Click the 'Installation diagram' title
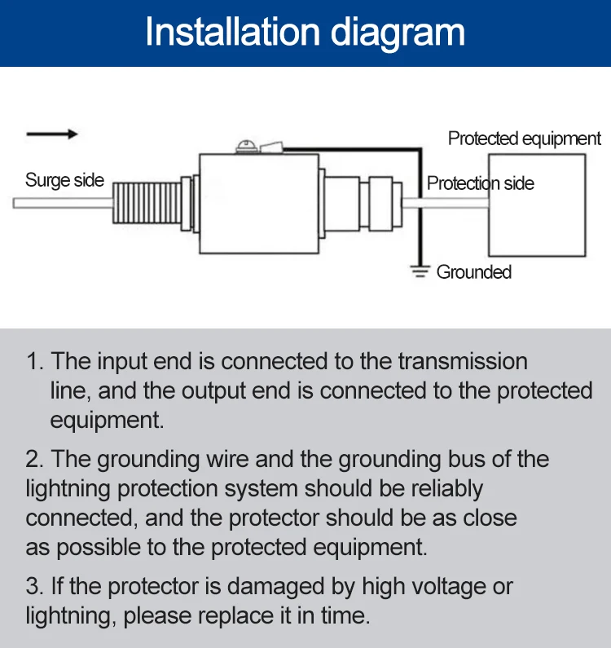(305, 33)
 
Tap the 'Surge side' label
(64, 180)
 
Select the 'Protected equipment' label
(524, 139)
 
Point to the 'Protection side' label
(480, 183)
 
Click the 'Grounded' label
(473, 272)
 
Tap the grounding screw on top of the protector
(246, 148)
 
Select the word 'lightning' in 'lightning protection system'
(68, 489)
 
